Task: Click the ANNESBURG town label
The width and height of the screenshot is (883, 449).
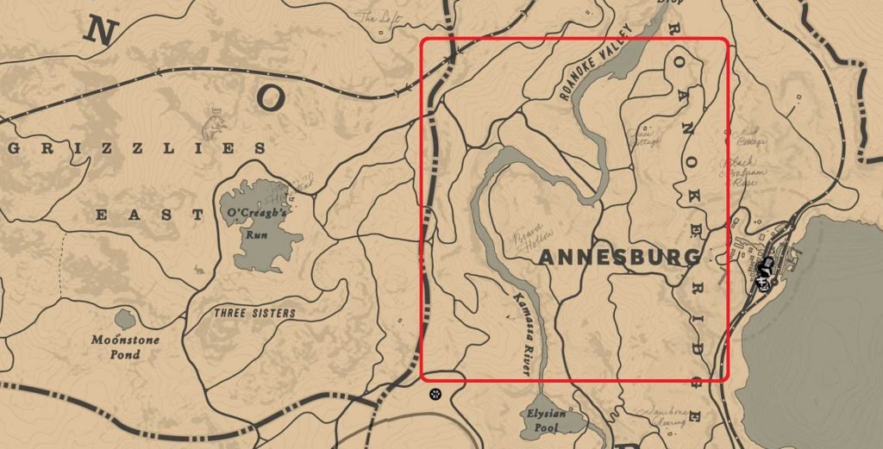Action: click(x=620, y=258)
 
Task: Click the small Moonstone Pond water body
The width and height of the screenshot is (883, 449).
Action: click(x=125, y=319)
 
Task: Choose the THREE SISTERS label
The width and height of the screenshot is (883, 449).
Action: click(x=254, y=313)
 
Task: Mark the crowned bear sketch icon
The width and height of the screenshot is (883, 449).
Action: click(x=211, y=127)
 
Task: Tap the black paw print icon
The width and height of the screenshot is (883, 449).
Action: click(x=436, y=394)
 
